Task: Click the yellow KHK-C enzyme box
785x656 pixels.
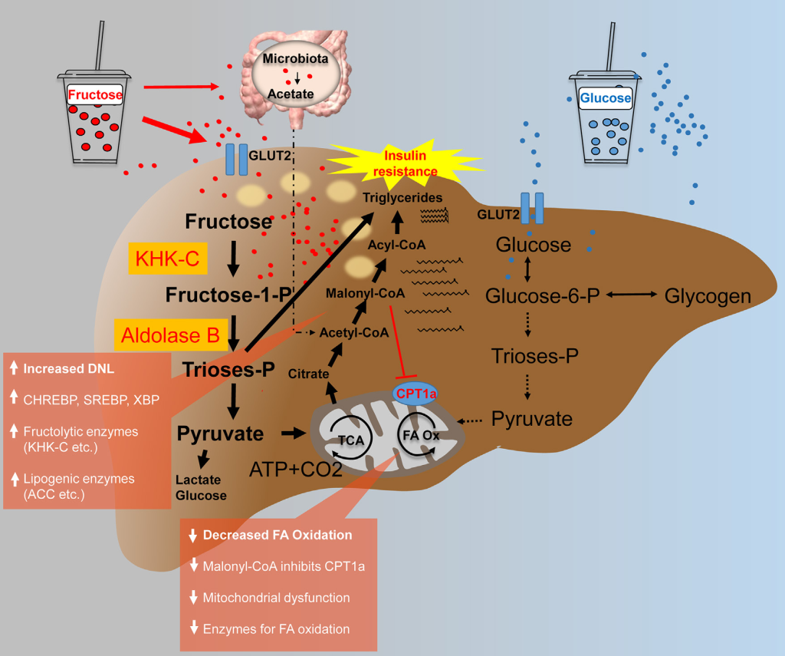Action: coord(167,259)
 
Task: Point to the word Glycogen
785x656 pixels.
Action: coord(708,295)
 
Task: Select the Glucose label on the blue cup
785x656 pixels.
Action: coord(606,98)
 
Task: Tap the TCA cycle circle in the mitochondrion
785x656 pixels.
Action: coord(351,439)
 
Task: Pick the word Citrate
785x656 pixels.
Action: coord(309,374)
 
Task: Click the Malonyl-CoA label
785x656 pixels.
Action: coord(365,293)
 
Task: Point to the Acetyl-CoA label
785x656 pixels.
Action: coord(353,332)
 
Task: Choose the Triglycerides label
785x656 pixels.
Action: coord(404,198)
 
